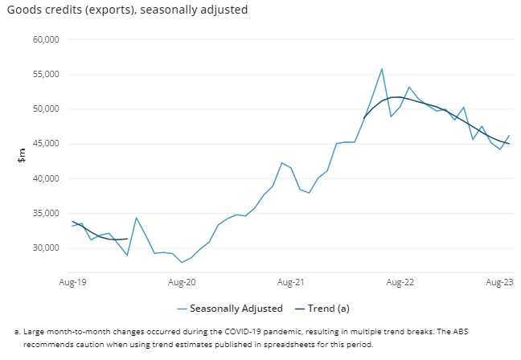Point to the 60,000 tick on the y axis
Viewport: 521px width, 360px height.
tap(46, 39)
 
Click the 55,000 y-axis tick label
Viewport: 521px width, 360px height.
tap(46, 74)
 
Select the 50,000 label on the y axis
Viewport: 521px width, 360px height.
tap(46, 108)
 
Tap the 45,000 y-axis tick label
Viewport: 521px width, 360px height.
tap(46, 144)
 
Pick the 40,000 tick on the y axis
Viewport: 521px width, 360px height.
tap(46, 178)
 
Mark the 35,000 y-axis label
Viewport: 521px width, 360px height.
tap(46, 213)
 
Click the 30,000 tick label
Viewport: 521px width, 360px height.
tap(46, 247)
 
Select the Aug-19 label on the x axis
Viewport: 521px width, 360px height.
tap(73, 282)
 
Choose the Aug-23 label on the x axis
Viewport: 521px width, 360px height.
tap(500, 282)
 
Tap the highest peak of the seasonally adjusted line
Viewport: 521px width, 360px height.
tap(382, 69)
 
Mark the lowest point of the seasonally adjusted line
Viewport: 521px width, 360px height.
tap(182, 262)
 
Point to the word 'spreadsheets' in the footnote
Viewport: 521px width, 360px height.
tap(286, 344)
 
